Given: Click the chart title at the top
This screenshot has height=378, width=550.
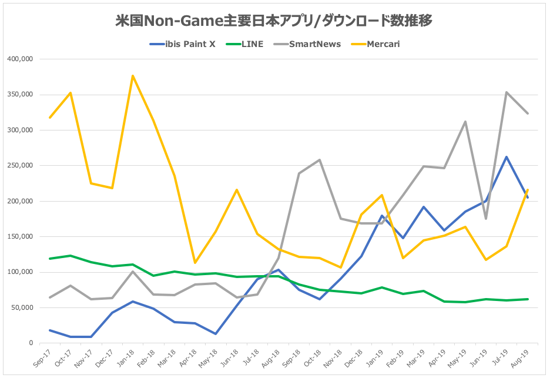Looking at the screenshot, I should tap(274, 21).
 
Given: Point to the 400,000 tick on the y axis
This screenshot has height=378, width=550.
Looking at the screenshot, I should tap(21, 59).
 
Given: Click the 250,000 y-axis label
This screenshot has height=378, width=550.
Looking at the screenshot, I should tap(21, 166).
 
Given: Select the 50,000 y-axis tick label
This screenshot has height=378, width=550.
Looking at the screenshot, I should tap(24, 308).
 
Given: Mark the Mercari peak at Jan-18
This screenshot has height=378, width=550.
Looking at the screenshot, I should tap(133, 75).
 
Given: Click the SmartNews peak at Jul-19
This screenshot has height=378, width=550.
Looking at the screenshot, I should tap(507, 92).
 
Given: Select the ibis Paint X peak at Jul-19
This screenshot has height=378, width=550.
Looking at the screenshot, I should tap(507, 157).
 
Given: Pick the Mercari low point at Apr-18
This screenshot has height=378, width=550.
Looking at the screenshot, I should tap(195, 263).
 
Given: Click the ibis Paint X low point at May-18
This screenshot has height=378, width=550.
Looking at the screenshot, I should tap(216, 334).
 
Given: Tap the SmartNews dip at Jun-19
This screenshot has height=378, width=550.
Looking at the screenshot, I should tap(486, 219).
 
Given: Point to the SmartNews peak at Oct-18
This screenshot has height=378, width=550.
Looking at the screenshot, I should tap(320, 160).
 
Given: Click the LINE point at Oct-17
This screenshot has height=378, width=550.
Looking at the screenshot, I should tap(71, 256).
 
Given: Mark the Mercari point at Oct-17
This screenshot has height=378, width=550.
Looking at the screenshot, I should tap(71, 93).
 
